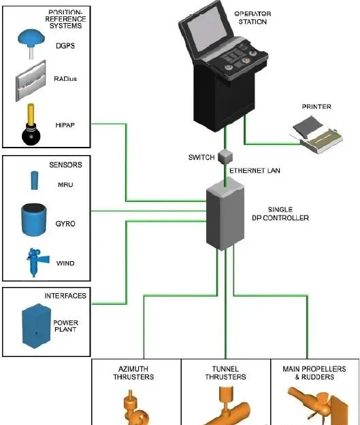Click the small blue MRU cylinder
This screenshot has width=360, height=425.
[31, 181]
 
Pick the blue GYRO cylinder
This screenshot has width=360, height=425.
[31, 220]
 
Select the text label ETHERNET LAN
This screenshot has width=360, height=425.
[255, 170]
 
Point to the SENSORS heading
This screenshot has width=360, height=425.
[65, 165]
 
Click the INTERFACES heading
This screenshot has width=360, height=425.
[65, 296]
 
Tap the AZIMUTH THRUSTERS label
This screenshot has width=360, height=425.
[135, 373]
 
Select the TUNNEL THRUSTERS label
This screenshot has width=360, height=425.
[225, 373]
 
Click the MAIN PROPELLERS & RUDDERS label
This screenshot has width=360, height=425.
[314, 373]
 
